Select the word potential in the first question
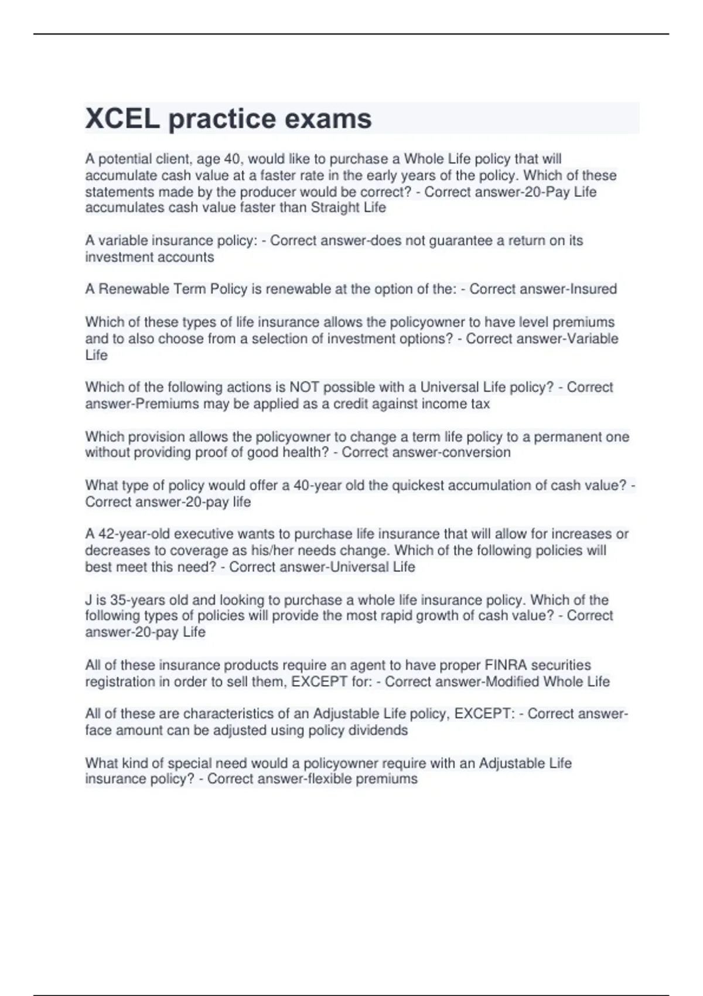(125, 159)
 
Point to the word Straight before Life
(333, 207)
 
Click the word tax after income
(480, 404)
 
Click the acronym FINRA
(504, 666)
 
